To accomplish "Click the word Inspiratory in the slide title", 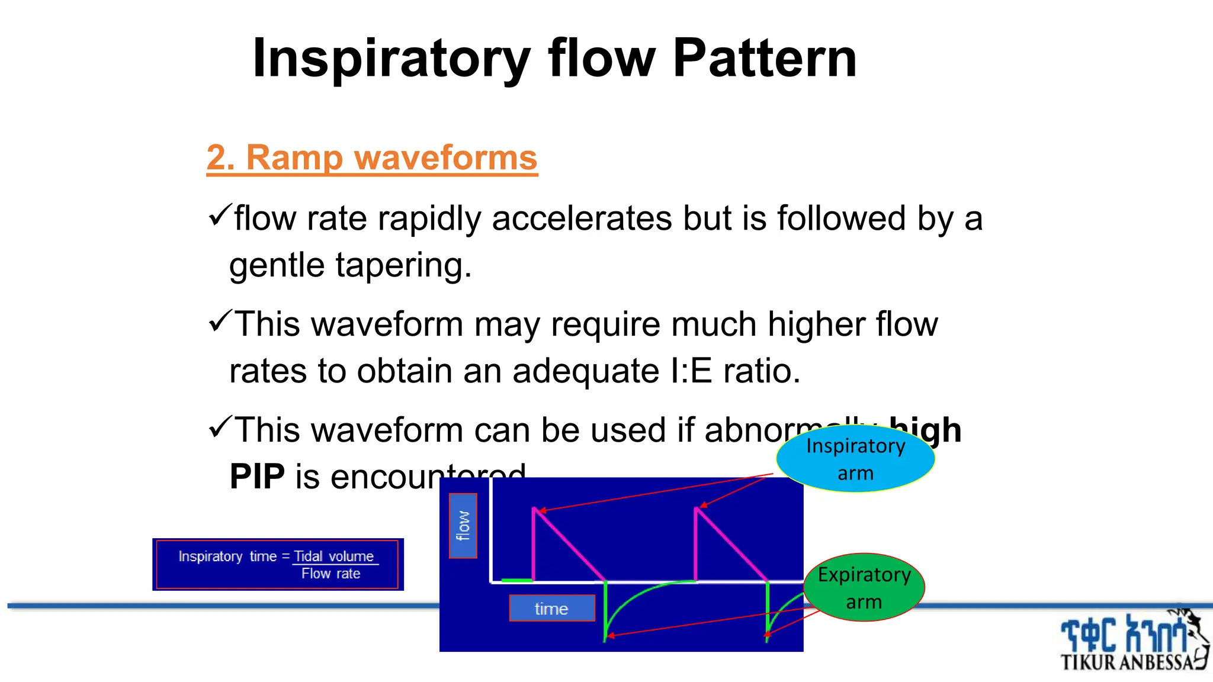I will [391, 59].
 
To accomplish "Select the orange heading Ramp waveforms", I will [372, 158].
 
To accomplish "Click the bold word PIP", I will [257, 477].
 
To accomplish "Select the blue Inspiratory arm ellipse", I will [855, 459].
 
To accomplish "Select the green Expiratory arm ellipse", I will [864, 587].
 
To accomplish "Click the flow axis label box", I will [463, 526].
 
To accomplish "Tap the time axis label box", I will [551, 608].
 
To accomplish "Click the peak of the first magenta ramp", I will [534, 509].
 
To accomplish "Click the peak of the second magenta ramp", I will [697, 509].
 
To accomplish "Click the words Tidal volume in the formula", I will [334, 556].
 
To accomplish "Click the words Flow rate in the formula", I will [330, 574].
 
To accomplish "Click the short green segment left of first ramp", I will [516, 581].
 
